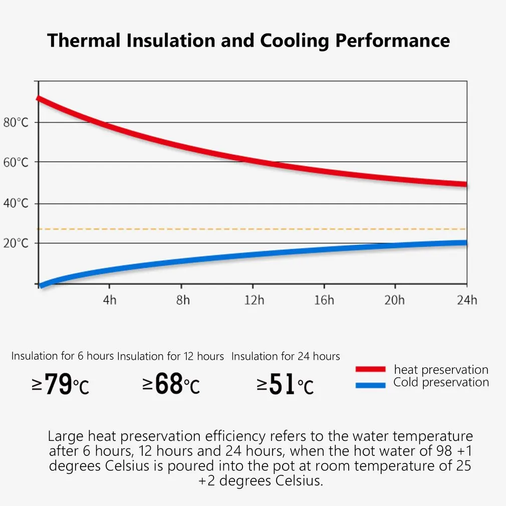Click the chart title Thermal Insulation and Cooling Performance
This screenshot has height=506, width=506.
248,41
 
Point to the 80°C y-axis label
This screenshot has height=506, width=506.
16,123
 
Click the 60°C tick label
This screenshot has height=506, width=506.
16,162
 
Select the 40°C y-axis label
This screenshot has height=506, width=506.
16,203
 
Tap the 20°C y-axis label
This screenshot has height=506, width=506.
16,243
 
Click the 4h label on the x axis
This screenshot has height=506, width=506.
109,300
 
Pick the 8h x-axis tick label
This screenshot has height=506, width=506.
183,300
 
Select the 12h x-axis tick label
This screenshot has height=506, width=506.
254,300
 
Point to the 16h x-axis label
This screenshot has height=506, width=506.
324,300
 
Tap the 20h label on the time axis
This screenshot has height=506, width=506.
394,300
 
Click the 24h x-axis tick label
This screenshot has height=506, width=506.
467,300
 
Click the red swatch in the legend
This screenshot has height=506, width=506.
370,369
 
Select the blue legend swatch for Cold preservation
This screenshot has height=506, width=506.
370,385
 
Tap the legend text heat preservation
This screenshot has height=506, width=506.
441,370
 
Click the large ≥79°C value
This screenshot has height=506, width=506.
61,384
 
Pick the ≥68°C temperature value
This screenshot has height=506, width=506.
171,384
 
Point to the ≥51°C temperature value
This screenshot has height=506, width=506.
286,384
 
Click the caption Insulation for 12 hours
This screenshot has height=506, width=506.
170,356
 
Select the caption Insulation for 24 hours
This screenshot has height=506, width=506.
286,356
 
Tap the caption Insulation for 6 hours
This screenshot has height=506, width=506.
63,356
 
